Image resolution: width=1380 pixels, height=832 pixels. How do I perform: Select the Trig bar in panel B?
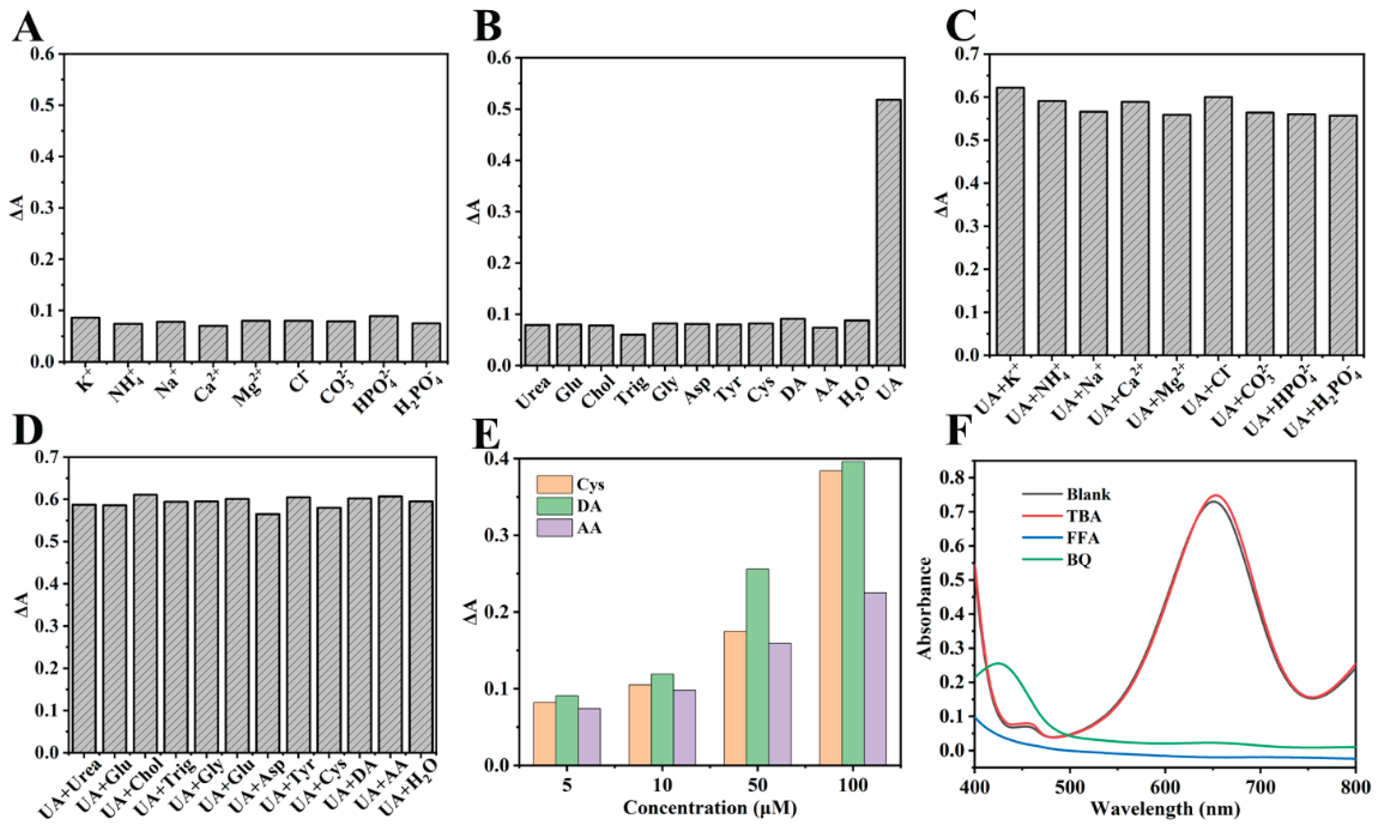pos(632,350)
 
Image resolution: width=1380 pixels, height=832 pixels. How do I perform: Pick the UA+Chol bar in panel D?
pos(145,623)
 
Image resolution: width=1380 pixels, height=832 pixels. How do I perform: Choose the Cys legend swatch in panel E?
pos(554,484)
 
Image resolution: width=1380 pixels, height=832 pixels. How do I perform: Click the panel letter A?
pos(27,28)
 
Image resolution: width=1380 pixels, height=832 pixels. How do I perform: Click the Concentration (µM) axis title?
pos(709,807)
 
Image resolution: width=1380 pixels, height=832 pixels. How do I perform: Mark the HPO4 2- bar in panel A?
pos(383,339)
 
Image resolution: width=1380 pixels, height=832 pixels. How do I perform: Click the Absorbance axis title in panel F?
pos(925,608)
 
